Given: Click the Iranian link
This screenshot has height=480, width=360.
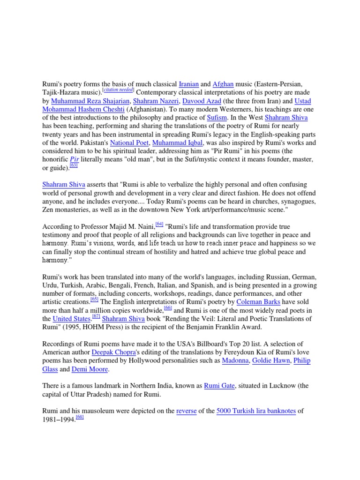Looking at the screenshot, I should (189, 84).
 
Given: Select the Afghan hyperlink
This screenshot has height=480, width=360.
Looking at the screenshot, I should (223, 84).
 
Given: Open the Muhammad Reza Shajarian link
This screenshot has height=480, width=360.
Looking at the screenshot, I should (90, 101).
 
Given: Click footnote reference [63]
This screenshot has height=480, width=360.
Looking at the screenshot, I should (74, 166).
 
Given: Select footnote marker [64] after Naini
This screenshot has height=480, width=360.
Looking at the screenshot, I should (159, 224).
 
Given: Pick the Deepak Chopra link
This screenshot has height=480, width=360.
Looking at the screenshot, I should (113, 352).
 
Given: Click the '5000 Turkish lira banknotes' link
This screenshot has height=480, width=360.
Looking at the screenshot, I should (256, 412).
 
